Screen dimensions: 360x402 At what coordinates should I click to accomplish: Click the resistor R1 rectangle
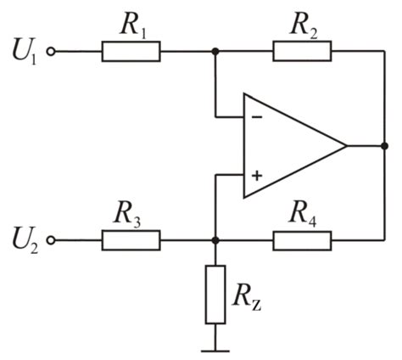point(131,52)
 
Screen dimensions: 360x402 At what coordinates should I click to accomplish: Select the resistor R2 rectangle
point(301,52)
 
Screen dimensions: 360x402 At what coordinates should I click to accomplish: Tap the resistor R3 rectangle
point(131,240)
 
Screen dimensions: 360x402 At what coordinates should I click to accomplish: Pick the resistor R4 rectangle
point(301,240)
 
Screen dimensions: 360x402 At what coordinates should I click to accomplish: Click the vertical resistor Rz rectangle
point(216,294)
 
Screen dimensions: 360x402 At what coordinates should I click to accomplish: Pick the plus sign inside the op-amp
point(256,176)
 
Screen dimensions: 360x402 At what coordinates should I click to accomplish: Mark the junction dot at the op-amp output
point(384,146)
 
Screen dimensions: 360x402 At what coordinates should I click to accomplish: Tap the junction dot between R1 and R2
point(216,52)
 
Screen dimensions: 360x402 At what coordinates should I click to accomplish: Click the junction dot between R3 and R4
point(216,240)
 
